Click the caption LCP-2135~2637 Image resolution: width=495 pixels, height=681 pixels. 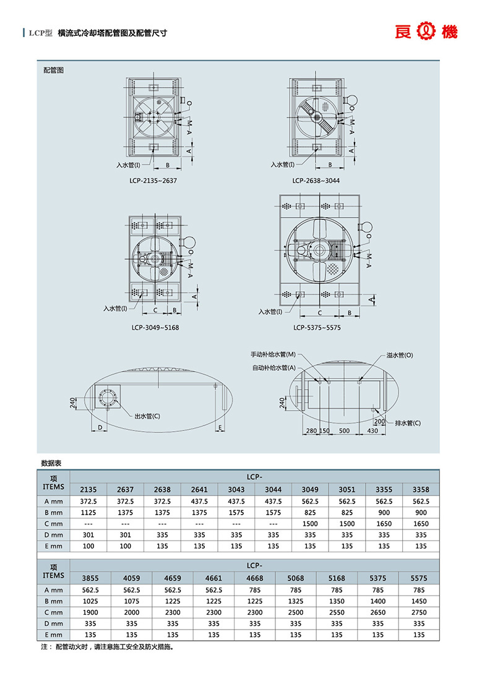pyautogui.click(x=153, y=181)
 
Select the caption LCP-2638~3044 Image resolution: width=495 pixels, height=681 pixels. pyautogui.click(x=316, y=181)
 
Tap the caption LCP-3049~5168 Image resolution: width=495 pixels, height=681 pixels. pyautogui.click(x=155, y=328)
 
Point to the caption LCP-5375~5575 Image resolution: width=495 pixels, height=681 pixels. pyautogui.click(x=317, y=328)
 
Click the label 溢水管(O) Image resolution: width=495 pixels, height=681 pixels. pyautogui.click(x=399, y=355)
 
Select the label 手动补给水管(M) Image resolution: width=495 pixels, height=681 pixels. pyautogui.click(x=273, y=355)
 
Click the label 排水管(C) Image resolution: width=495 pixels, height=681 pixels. pyautogui.click(x=408, y=423)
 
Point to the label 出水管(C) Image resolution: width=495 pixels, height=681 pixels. pyautogui.click(x=147, y=416)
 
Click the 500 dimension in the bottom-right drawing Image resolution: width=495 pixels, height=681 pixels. pyautogui.click(x=344, y=430)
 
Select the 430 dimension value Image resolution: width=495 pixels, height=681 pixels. pyautogui.click(x=372, y=430)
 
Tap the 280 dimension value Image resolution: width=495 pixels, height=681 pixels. pyautogui.click(x=311, y=430)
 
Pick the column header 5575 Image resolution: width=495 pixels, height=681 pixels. pyautogui.click(x=419, y=578)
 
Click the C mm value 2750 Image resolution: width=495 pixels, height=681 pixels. pyautogui.click(x=419, y=612)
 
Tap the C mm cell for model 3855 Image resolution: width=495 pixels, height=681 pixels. pyautogui.click(x=90, y=612)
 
